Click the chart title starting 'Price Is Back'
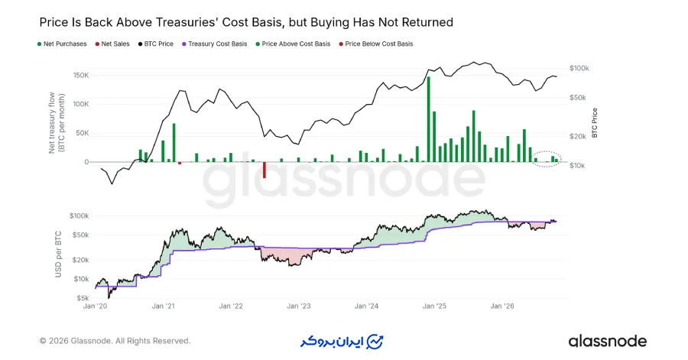coord(246,22)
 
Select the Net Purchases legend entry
coord(63,44)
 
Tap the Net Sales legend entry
coord(112,44)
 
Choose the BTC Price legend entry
coord(156,44)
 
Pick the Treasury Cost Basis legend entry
coord(215,44)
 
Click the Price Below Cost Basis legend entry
coord(376,44)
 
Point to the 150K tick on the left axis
coord(81,76)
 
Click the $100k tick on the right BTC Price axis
coord(579,68)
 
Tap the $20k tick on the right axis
coord(577,136)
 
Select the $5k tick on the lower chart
coord(83,298)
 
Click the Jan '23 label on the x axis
coord(299,306)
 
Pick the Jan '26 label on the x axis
coord(502,306)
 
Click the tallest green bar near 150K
coord(429,119)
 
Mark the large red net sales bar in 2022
coord(264,170)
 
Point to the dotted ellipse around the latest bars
coord(547,151)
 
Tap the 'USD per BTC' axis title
coord(58,255)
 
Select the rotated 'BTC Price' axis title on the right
coord(595,123)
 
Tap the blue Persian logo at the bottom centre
coord(342,342)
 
